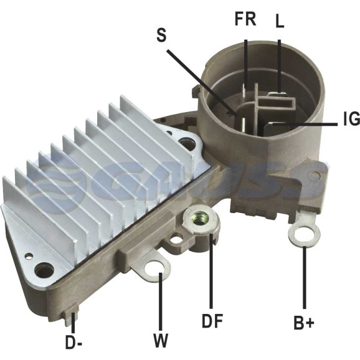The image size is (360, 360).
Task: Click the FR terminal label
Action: pyautogui.click(x=245, y=19)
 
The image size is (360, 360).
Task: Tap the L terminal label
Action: pyautogui.click(x=280, y=22)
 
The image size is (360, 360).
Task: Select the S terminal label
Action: pyautogui.click(x=161, y=35)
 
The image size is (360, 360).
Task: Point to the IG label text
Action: pyautogui.click(x=352, y=119)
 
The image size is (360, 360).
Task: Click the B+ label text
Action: pyautogui.click(x=304, y=323)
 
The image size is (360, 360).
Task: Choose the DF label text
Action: pyautogui.click(x=212, y=321)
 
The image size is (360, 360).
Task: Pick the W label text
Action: pyautogui.click(x=161, y=341)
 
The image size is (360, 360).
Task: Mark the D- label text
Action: pyautogui.click(x=74, y=343)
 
